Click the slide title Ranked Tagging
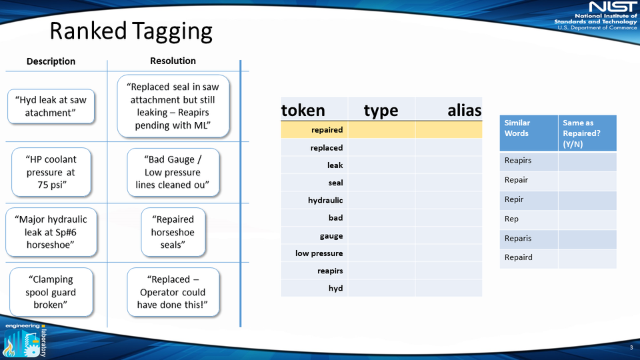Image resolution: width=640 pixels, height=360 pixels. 131,31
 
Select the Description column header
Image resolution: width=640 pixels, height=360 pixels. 51,61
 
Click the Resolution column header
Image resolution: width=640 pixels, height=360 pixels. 173,61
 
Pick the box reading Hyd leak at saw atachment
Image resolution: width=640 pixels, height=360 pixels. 51,106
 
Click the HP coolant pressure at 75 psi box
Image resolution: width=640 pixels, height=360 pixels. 51,171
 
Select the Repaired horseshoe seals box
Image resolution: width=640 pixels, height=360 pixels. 173,232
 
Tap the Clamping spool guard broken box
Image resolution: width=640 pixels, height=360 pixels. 51,292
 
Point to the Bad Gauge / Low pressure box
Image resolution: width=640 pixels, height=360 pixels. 173,172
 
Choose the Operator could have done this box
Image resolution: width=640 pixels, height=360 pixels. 173,292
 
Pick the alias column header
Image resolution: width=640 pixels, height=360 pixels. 464,111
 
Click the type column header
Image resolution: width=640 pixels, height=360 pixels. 381,111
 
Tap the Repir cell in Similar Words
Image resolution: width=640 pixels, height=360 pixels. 529,200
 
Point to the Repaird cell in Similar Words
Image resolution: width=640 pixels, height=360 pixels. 529,258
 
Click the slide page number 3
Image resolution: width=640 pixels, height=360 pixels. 631,348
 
